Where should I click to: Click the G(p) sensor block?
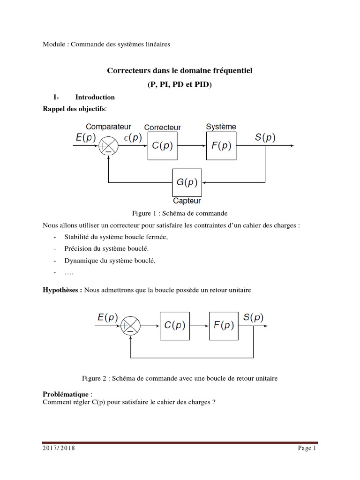[187, 183]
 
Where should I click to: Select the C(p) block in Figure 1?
[163, 146]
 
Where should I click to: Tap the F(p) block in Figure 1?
[221, 146]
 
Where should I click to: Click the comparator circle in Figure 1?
[108, 146]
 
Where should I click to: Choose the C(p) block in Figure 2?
[174, 325]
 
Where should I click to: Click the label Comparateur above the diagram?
[108, 127]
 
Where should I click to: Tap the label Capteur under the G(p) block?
[187, 201]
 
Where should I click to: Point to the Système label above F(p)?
[221, 127]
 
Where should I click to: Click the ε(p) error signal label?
[132, 137]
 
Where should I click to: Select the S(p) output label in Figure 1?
[265, 137]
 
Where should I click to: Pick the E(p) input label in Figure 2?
[108, 317]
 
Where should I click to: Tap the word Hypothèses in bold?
[62, 290]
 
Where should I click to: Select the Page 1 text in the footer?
[307, 449]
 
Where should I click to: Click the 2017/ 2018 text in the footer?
[59, 449]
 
